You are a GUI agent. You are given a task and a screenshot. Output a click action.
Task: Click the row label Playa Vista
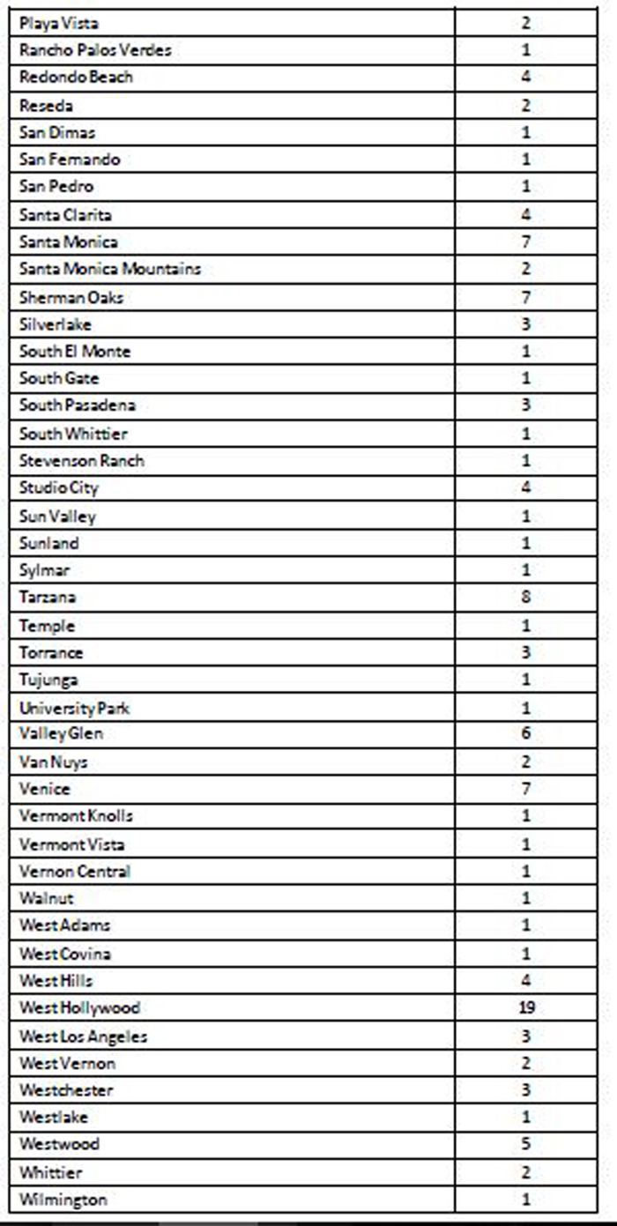coord(60,23)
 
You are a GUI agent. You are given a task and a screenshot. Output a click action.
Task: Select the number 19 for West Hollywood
coord(526,1007)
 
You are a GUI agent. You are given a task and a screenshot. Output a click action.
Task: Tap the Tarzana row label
coord(48,598)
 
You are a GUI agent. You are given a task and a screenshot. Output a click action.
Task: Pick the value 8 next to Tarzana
coord(526,598)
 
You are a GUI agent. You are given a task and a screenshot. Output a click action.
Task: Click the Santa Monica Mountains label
coord(110,269)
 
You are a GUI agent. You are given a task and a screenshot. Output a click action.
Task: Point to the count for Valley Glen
coord(526,734)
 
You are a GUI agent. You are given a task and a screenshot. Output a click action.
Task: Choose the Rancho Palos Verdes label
coord(95,50)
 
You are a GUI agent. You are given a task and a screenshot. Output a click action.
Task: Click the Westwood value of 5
coord(526,1144)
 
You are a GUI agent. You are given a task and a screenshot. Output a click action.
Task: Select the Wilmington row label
coord(63,1200)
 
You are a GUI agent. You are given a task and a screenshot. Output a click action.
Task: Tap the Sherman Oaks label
coord(71,297)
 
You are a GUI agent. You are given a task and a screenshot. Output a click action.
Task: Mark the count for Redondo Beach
coord(526,78)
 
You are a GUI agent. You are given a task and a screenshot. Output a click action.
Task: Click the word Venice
coord(45,789)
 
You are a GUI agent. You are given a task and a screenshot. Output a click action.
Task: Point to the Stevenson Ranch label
coord(82,461)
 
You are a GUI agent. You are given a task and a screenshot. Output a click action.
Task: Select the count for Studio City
coord(526,488)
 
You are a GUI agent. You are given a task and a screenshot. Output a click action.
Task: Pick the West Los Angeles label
coord(84,1036)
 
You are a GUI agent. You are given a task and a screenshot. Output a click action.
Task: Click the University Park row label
coord(75,708)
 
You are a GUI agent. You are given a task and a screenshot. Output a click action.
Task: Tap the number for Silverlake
coord(526,324)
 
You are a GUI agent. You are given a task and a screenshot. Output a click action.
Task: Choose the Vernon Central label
coord(75,872)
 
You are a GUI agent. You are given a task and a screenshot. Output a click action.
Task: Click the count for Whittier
coord(526,1172)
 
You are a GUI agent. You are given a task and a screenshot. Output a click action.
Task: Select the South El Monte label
coord(75,352)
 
